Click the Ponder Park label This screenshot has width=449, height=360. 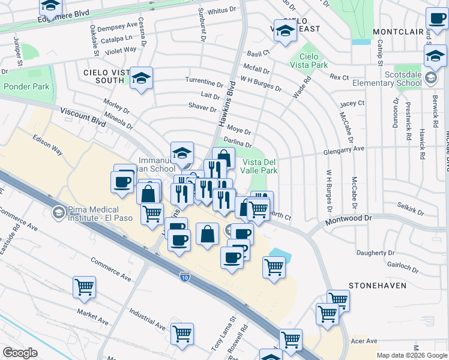point(26,86)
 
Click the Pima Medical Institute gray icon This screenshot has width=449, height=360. point(58,212)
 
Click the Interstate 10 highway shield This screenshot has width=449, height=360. point(185,276)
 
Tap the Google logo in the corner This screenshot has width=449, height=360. point(20,352)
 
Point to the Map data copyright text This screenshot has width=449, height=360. point(412,355)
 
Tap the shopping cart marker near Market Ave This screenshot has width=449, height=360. point(84,287)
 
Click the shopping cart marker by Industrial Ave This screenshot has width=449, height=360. point(182,334)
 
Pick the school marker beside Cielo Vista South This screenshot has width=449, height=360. point(142,78)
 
